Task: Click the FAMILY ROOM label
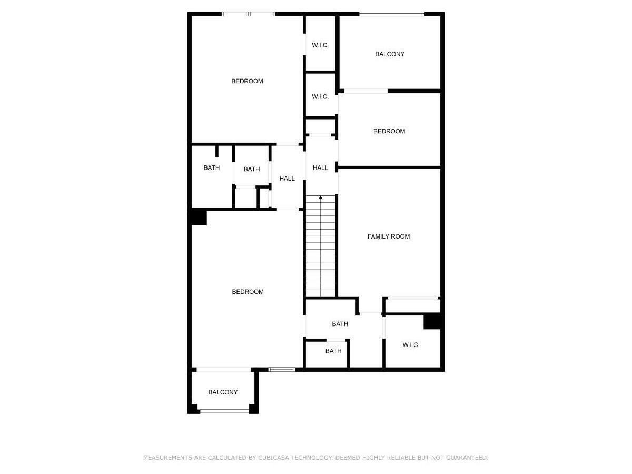pos(389,236)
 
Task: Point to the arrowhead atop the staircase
pos(321,197)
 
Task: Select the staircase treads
pos(321,248)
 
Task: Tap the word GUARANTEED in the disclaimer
pos(465,458)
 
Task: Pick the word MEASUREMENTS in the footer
pos(167,458)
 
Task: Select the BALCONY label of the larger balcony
pos(390,54)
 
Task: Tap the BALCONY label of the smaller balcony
pos(223,392)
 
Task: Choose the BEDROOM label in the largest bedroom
pos(248,292)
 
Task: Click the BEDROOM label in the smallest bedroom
pos(389,131)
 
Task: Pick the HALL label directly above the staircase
pos(320,168)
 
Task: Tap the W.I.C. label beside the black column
pos(411,345)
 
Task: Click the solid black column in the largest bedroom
pos(199,217)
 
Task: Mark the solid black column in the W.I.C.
pos(432,321)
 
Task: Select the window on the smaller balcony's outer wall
pos(224,411)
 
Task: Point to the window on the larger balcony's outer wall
pos(392,14)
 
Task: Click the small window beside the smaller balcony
pos(282,369)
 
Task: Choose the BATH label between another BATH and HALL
pos(252,169)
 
